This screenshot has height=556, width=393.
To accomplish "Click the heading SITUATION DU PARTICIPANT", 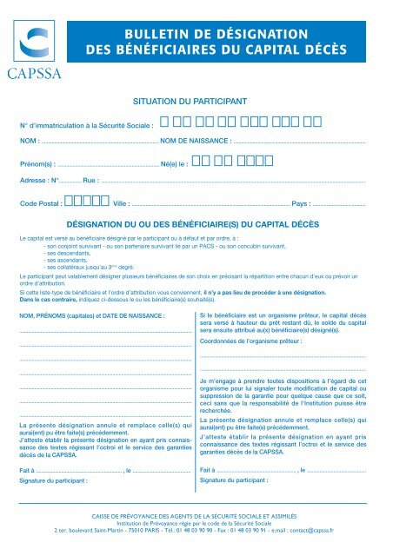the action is (196, 102).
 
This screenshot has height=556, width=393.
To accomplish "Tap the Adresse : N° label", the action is (38, 182).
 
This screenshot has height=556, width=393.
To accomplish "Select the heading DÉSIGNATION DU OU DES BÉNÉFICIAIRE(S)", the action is (196, 223).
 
